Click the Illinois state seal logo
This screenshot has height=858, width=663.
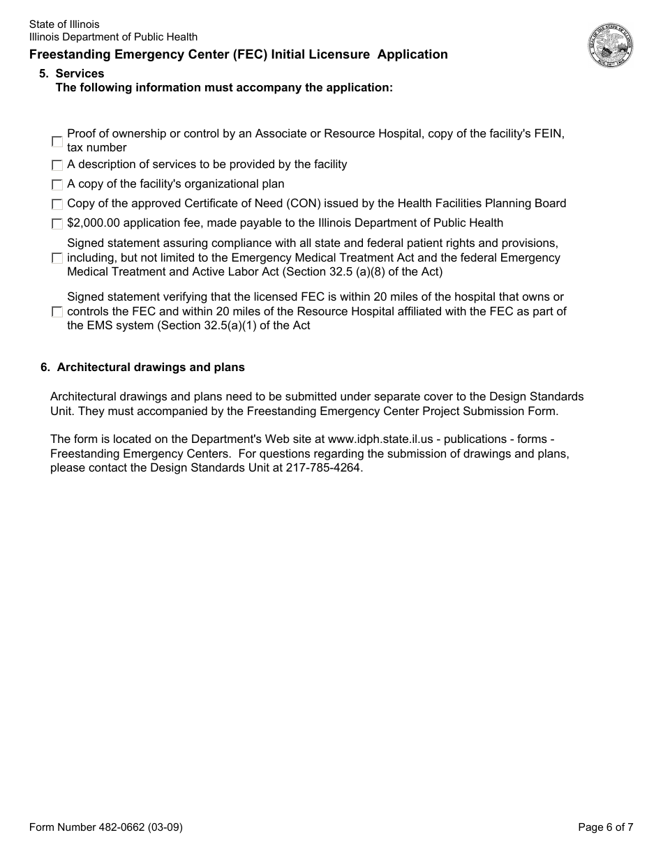610,45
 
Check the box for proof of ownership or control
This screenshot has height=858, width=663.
57,142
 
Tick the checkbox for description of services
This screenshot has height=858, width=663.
57,165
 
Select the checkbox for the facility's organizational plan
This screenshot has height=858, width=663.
57,185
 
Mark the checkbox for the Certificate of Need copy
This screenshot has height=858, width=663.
57,204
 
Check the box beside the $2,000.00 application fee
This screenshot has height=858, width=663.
57,224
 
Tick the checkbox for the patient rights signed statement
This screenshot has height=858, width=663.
57,258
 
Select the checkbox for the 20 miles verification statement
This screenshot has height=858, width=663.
57,312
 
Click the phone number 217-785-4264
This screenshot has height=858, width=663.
324,468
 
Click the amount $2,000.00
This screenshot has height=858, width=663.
96,223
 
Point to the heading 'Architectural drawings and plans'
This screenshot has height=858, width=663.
150,367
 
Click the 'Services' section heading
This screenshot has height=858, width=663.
80,73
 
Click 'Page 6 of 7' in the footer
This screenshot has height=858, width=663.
605,827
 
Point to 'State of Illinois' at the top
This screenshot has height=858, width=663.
64,24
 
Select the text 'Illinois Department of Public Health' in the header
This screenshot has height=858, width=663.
113,37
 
